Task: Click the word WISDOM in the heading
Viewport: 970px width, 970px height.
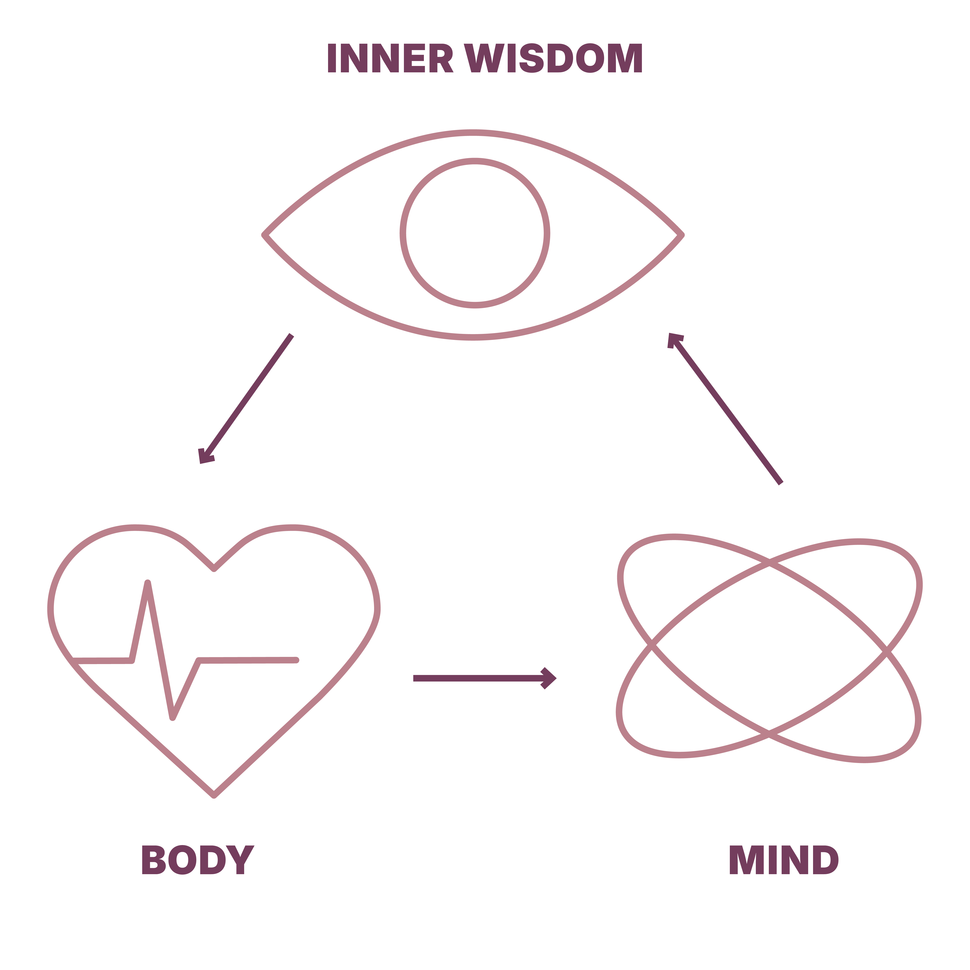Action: [x=553, y=58]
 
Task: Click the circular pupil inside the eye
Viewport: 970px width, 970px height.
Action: [x=475, y=233]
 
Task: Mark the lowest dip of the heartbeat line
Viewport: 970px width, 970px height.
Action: [x=172, y=718]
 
